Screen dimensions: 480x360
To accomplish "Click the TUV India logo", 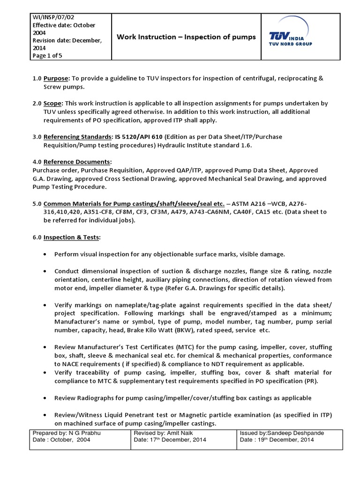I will point(291,37).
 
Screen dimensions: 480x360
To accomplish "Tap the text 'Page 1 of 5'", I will point(47,55).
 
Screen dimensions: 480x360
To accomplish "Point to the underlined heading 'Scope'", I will point(53,103).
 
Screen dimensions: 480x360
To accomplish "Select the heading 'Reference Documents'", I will point(77,161).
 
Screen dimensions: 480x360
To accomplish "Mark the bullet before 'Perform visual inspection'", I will point(44,254).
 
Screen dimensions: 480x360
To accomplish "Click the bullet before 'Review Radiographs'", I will point(44,398).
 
